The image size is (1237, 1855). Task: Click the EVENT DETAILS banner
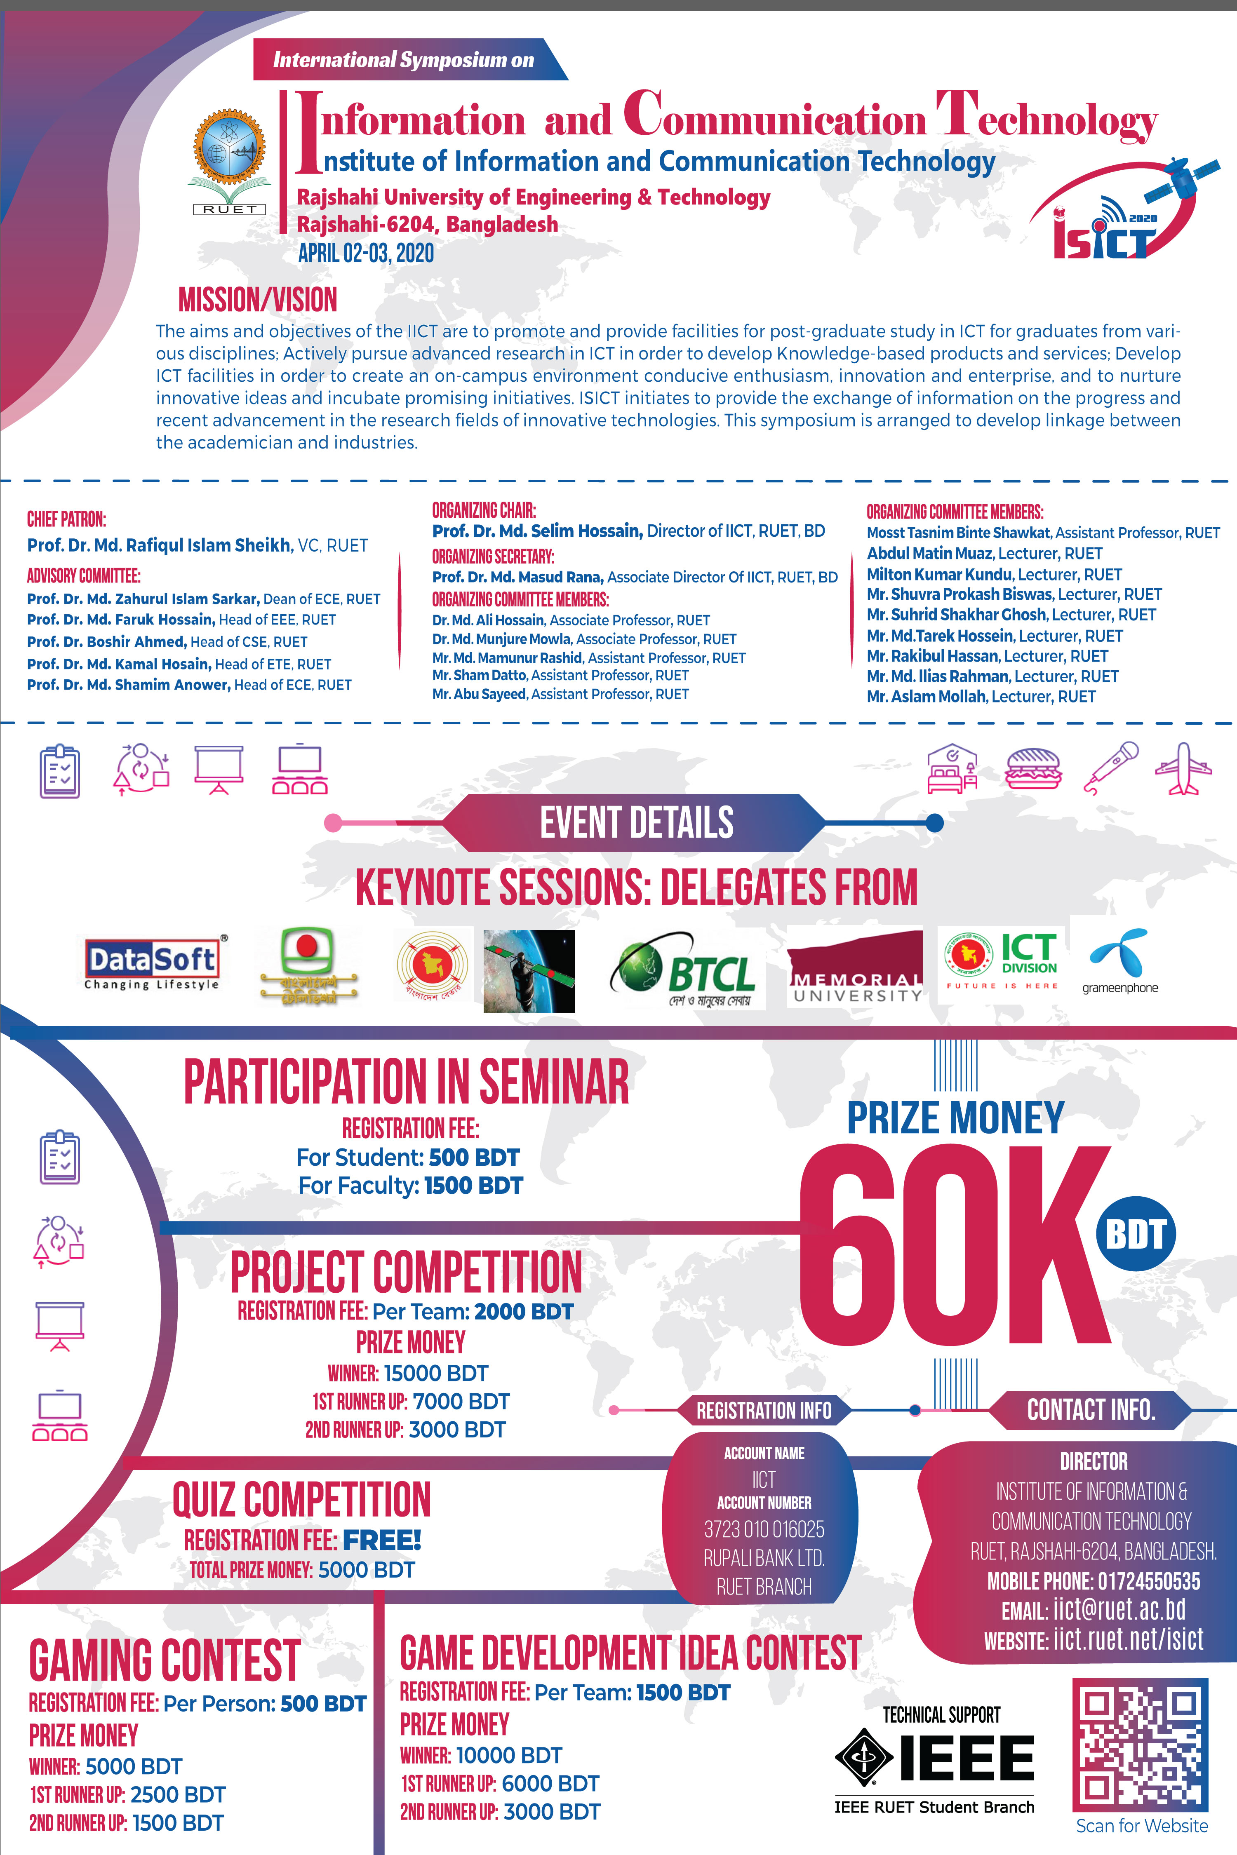click(636, 823)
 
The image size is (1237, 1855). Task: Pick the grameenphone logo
click(1119, 962)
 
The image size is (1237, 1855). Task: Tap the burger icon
click(1033, 768)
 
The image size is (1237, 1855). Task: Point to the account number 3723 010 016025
click(764, 1529)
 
